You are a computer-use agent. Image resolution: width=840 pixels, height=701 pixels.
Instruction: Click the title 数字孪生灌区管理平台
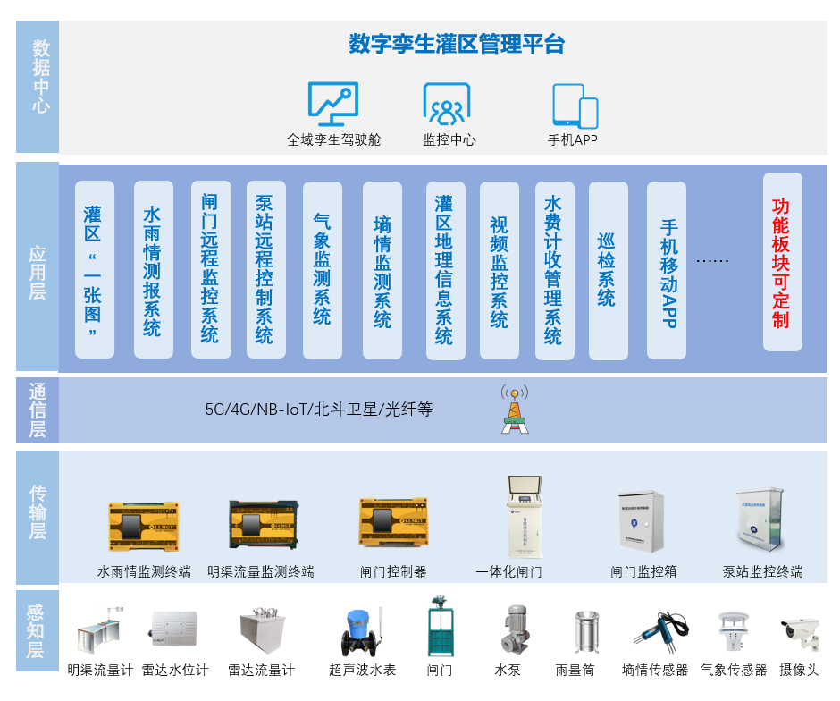tap(457, 44)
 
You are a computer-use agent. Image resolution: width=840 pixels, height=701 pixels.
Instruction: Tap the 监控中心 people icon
tap(446, 104)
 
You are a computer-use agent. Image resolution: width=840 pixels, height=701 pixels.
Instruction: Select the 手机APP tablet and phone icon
tap(575, 106)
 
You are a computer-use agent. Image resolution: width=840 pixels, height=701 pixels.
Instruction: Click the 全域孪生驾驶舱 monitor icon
tap(332, 104)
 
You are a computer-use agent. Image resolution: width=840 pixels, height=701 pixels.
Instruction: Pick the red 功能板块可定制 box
tap(782, 263)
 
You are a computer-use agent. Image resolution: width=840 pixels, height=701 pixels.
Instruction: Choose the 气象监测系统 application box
tap(322, 269)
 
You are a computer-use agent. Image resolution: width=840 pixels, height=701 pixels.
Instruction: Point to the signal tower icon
tap(514, 410)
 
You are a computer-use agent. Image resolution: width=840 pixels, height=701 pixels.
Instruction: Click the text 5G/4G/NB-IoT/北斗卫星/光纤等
tap(318, 410)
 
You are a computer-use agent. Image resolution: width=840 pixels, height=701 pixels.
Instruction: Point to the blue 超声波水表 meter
tap(361, 631)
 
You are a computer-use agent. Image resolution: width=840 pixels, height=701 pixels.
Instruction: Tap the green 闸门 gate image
tap(439, 629)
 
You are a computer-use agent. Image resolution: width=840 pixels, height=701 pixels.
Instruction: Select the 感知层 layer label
tap(37, 631)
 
